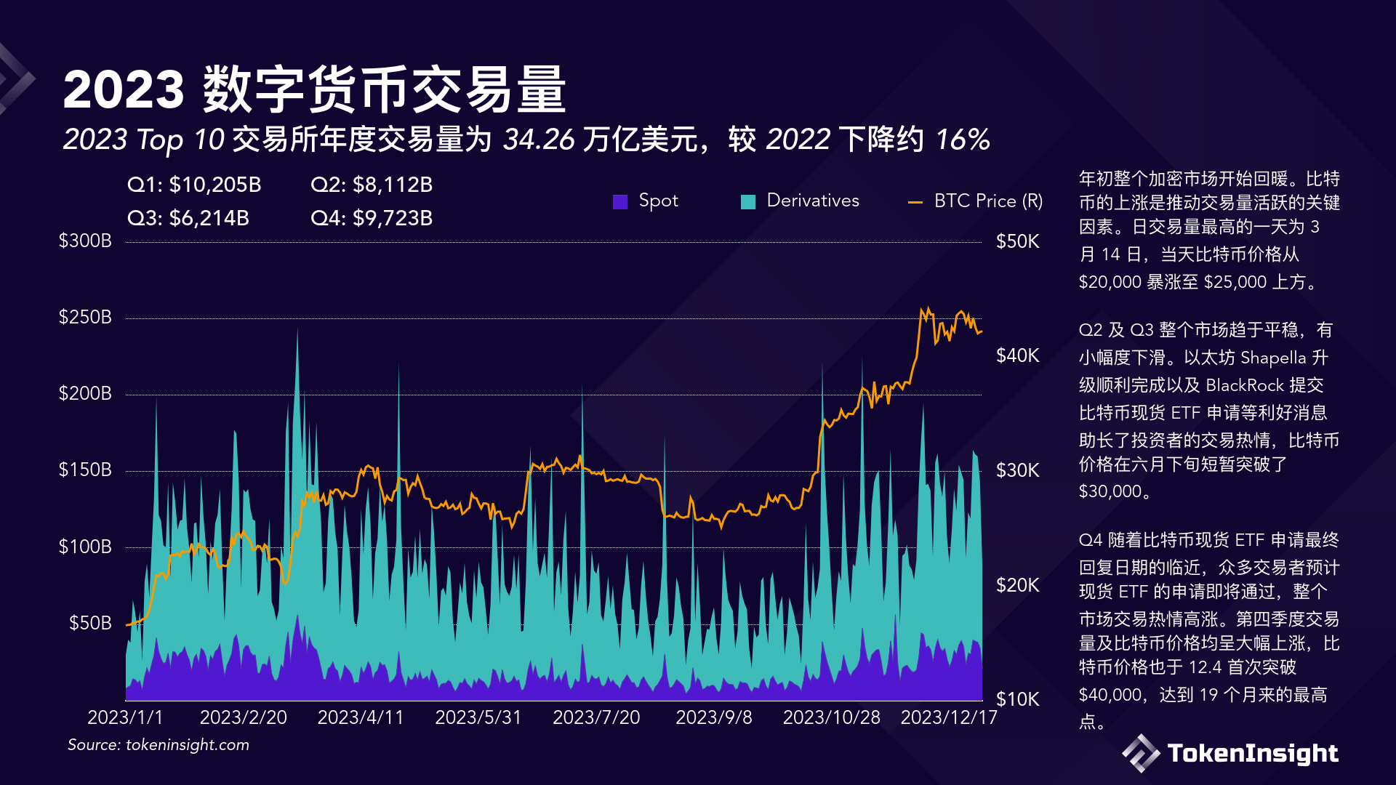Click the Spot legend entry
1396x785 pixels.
click(646, 201)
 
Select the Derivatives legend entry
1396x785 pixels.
click(801, 201)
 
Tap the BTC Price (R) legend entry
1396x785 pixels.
click(976, 201)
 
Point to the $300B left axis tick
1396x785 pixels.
click(85, 241)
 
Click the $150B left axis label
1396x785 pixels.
click(85, 470)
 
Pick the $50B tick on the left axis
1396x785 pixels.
click(90, 623)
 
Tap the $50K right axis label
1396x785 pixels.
click(1017, 241)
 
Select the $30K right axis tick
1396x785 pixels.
click(1017, 470)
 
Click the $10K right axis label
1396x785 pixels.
click(1017, 699)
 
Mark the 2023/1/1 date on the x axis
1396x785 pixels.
click(125, 717)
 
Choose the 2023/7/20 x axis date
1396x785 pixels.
click(596, 717)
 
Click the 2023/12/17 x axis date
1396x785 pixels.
click(949, 717)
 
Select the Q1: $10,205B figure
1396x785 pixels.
click(194, 185)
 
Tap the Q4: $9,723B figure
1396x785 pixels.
click(372, 218)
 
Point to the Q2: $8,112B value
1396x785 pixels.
click(372, 185)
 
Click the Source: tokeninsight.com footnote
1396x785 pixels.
click(159, 745)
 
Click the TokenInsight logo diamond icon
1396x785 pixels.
click(1141, 753)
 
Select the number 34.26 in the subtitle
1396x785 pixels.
click(538, 140)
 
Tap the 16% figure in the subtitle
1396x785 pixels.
click(963, 140)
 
